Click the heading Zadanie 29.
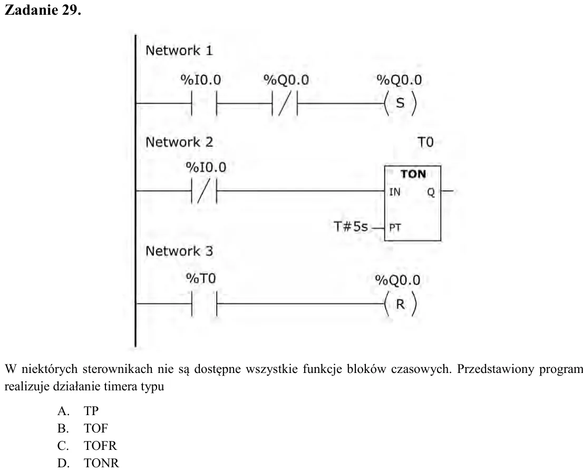pyautogui.click(x=42, y=9)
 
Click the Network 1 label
pyautogui.click(x=179, y=50)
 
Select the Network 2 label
pyautogui.click(x=179, y=142)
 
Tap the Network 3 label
pyautogui.click(x=179, y=251)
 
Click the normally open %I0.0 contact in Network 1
pyautogui.click(x=204, y=103)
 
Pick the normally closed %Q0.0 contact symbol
pyautogui.click(x=285, y=103)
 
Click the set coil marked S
pyautogui.click(x=400, y=103)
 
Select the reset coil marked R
pyautogui.click(x=400, y=304)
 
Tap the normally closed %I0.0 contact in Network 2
pyautogui.click(x=204, y=191)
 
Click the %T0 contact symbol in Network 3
pyautogui.click(x=204, y=303)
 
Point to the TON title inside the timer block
pyautogui.click(x=413, y=174)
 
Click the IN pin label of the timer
pyautogui.click(x=395, y=192)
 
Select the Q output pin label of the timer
pyautogui.click(x=431, y=192)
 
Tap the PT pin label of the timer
pyautogui.click(x=395, y=227)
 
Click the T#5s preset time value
pyautogui.click(x=351, y=227)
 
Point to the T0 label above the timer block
pyautogui.click(x=425, y=142)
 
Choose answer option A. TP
pyautogui.click(x=78, y=411)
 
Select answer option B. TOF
pyautogui.click(x=83, y=428)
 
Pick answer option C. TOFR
pyautogui.click(x=87, y=445)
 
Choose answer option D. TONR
pyautogui.click(x=88, y=463)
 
